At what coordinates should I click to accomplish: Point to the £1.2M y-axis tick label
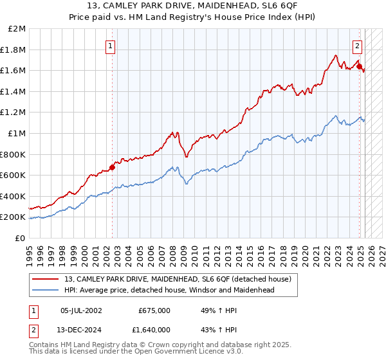pos(14,113)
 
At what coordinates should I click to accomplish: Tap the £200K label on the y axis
pos(14,217)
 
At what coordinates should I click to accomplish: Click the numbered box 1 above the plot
pos(111,46)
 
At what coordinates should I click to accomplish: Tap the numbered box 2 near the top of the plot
pos(357,46)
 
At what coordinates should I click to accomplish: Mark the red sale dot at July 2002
pos(112,167)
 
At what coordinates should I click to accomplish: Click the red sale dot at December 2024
pos(359,66)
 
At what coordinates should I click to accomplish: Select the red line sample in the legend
pos(45,279)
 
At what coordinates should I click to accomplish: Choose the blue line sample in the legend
pos(45,290)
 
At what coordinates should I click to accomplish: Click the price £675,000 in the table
pos(154,310)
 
